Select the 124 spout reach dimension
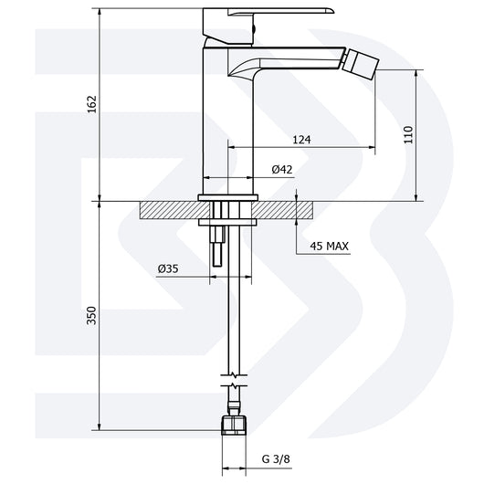[302, 140]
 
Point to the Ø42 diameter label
[282, 169]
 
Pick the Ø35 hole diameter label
[167, 268]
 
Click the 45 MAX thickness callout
[331, 246]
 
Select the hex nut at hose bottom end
[234, 425]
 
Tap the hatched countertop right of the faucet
[288, 210]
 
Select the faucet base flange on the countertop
[227, 196]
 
